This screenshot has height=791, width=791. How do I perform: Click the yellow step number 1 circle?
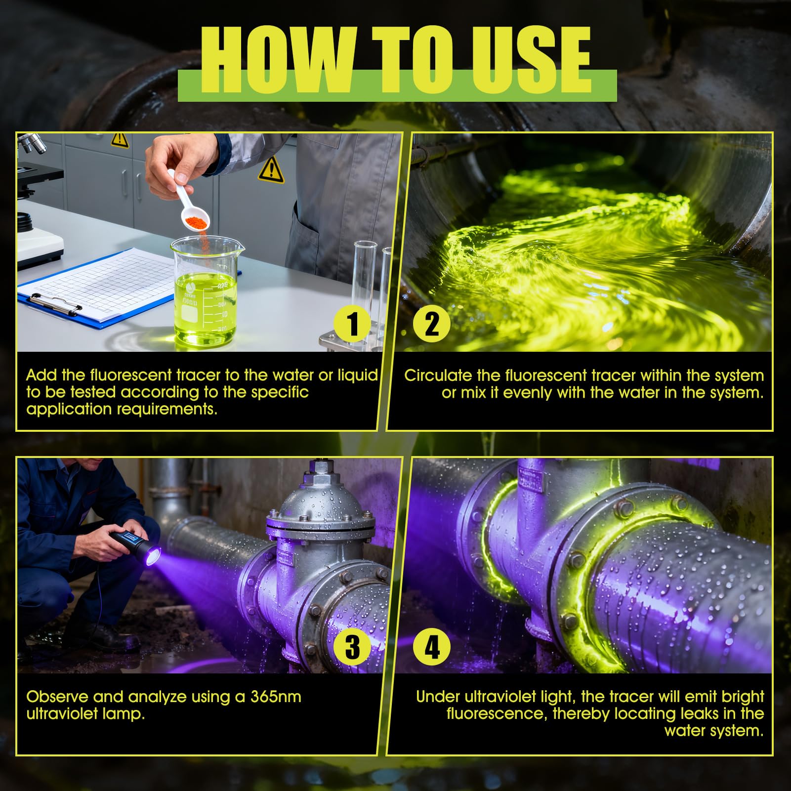pyautogui.click(x=353, y=324)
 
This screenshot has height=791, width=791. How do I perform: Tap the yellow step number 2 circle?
pyautogui.click(x=432, y=324)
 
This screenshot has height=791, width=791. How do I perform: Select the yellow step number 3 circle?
pyautogui.click(x=353, y=646)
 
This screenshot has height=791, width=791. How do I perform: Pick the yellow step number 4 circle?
pyautogui.click(x=432, y=646)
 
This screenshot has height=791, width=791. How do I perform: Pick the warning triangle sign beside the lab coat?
pyautogui.click(x=271, y=169)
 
